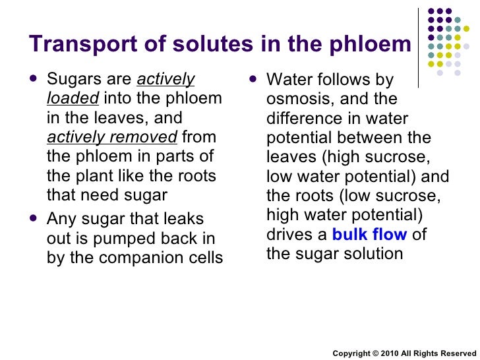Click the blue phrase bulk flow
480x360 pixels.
[x=369, y=235]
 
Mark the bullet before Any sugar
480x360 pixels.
[x=34, y=218]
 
